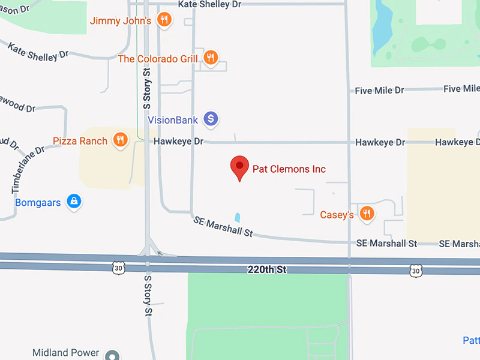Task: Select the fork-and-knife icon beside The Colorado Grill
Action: (x=210, y=58)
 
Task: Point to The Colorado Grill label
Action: (x=157, y=59)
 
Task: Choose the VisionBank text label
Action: (x=173, y=120)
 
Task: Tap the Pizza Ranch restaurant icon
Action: (x=121, y=140)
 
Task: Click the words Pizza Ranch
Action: (x=80, y=141)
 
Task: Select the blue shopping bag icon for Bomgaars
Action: (x=74, y=202)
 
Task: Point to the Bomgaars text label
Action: (x=38, y=203)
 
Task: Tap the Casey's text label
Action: (x=337, y=214)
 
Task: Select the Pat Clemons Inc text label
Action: (x=289, y=169)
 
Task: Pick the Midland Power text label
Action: (x=65, y=353)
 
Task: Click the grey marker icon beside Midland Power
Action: (x=112, y=355)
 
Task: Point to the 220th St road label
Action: (x=267, y=270)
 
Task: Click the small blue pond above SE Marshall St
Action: (x=238, y=218)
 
